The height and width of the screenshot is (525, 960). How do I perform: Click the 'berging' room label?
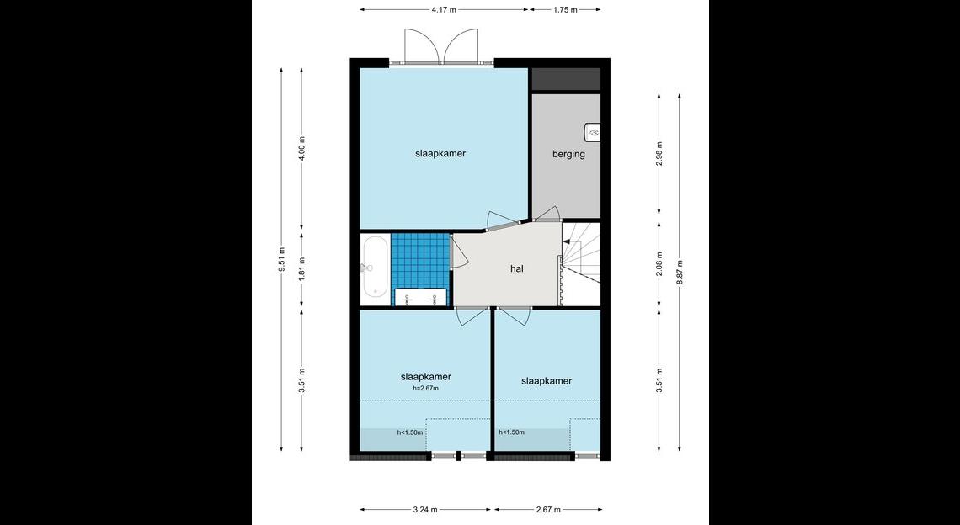[568, 154]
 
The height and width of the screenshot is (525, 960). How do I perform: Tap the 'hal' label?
[517, 268]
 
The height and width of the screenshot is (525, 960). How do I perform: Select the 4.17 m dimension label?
[444, 10]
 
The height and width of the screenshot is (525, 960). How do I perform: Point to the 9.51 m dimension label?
[281, 259]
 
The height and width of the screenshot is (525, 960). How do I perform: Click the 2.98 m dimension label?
[659, 154]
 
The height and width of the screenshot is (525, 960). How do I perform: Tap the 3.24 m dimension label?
[425, 509]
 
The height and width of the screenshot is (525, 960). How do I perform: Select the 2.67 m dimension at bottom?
[548, 509]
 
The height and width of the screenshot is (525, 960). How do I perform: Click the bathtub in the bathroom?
[374, 267]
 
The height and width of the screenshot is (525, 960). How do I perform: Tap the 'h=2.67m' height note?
[426, 388]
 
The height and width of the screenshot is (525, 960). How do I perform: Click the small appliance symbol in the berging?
[593, 131]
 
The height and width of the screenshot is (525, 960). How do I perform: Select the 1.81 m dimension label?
[301, 270]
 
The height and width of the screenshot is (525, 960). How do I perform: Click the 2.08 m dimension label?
[659, 263]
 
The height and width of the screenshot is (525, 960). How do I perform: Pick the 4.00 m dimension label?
[301, 149]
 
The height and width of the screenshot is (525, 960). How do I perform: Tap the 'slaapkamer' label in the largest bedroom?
[440, 154]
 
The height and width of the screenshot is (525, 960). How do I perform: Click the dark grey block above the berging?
[566, 80]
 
